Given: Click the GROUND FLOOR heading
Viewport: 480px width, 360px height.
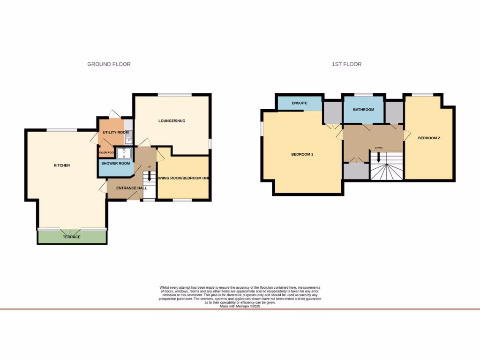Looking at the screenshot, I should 109,64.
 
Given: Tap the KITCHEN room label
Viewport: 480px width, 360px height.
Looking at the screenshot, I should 61,165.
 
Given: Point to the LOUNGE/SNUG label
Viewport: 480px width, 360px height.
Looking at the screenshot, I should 172,121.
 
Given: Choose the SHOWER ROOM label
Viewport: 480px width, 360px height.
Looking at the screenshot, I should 115,164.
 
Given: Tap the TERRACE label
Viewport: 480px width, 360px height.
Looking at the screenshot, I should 72,237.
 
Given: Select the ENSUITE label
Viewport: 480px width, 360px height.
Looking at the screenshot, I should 299,103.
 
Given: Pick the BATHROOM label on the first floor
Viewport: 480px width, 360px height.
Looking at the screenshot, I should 364,110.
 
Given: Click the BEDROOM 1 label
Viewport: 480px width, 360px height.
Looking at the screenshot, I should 302,154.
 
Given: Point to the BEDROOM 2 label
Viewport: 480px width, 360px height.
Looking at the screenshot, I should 429,138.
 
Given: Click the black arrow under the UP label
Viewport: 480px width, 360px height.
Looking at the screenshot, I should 150,176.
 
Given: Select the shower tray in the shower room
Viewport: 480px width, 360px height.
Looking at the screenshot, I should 125,153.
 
